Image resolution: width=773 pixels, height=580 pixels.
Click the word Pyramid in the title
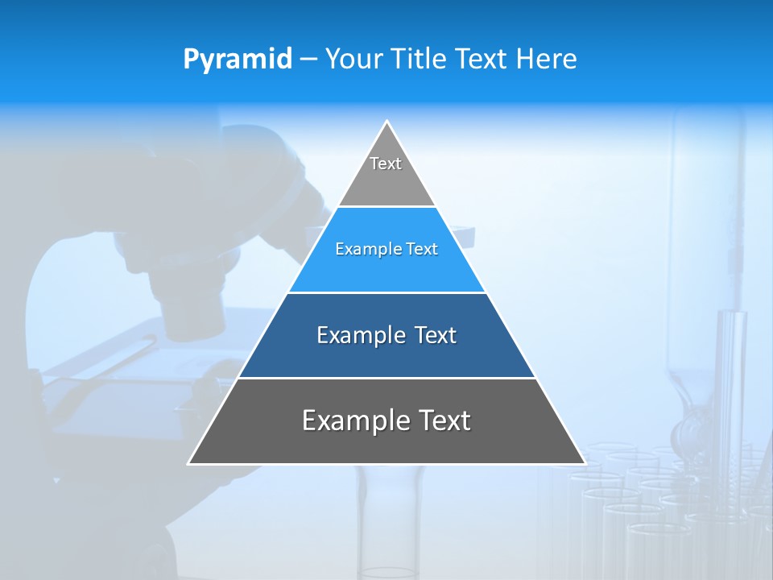(238, 60)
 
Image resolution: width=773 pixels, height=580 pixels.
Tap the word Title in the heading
(421, 60)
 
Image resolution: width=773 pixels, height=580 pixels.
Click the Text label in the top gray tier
(386, 164)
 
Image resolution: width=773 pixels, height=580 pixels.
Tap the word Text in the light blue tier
(423, 249)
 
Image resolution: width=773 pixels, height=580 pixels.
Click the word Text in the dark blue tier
(436, 335)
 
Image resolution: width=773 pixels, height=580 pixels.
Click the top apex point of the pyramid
(386, 122)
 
